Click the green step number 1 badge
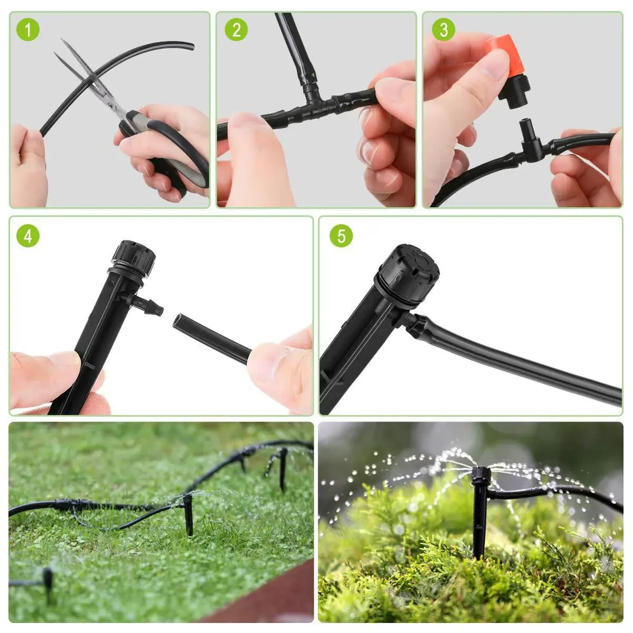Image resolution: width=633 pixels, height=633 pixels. click(x=28, y=30)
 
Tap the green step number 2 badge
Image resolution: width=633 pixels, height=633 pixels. click(x=236, y=30)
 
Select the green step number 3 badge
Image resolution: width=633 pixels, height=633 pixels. click(x=443, y=30)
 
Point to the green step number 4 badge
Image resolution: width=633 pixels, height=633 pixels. click(x=28, y=236)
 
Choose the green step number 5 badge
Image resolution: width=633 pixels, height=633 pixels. click(x=341, y=236)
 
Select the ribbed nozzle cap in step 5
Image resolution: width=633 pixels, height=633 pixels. click(x=409, y=274)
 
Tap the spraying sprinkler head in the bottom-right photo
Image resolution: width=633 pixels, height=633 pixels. click(x=479, y=475)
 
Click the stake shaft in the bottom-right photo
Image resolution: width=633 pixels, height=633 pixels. click(x=479, y=522)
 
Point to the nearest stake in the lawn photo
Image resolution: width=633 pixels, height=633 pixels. click(x=188, y=514)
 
